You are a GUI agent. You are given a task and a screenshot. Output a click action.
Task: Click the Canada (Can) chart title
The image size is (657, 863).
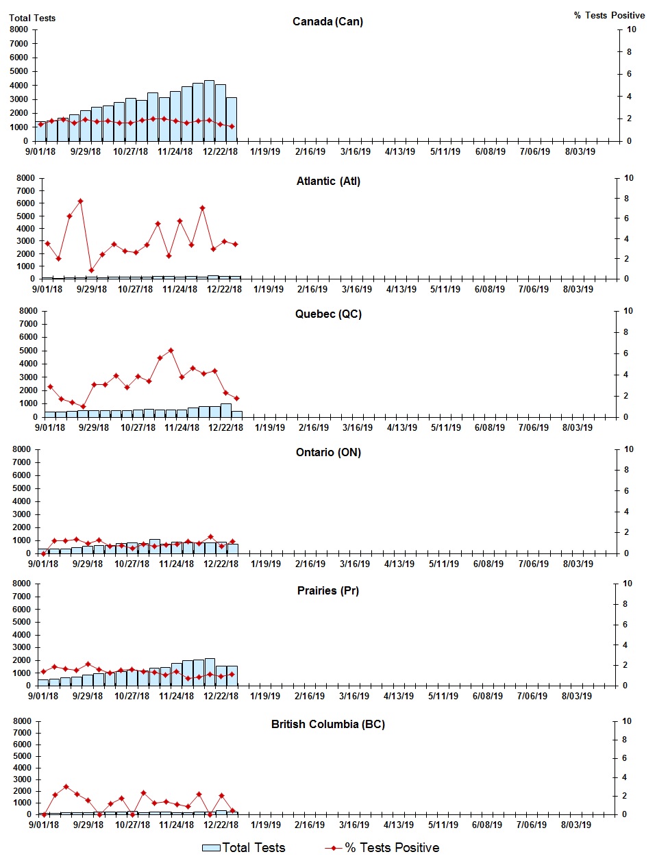[327, 22]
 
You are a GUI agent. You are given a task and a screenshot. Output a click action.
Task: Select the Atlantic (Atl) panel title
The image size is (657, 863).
[328, 182]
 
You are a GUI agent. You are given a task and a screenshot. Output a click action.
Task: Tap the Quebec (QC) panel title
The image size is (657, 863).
[328, 314]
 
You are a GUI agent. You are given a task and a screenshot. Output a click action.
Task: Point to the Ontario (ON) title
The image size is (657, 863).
[328, 453]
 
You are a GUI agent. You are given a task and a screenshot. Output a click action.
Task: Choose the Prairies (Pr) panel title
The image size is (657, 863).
[328, 591]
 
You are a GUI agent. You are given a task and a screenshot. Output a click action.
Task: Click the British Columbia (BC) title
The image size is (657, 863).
[328, 725]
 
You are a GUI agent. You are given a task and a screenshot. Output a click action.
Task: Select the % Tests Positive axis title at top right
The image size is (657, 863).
[609, 16]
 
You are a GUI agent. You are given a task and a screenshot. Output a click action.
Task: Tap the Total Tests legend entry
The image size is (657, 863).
[244, 848]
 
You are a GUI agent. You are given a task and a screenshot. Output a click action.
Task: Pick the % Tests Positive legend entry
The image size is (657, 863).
[382, 848]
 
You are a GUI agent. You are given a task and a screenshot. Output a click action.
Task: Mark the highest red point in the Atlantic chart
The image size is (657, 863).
[80, 201]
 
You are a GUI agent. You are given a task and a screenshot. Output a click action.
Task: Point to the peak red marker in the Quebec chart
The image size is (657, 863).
[171, 351]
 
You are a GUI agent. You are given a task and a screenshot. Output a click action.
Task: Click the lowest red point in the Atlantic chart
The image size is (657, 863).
[91, 271]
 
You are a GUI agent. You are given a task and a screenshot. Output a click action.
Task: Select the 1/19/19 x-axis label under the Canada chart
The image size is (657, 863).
[264, 152]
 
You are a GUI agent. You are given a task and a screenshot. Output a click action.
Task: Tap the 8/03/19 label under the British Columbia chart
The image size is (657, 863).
[576, 825]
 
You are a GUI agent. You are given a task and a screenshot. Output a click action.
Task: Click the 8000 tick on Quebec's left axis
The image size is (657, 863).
[28, 311]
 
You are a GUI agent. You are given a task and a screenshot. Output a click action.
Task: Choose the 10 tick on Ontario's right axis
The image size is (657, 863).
[628, 449]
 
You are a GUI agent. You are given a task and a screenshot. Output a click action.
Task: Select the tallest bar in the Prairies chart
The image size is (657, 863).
[210, 672]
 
